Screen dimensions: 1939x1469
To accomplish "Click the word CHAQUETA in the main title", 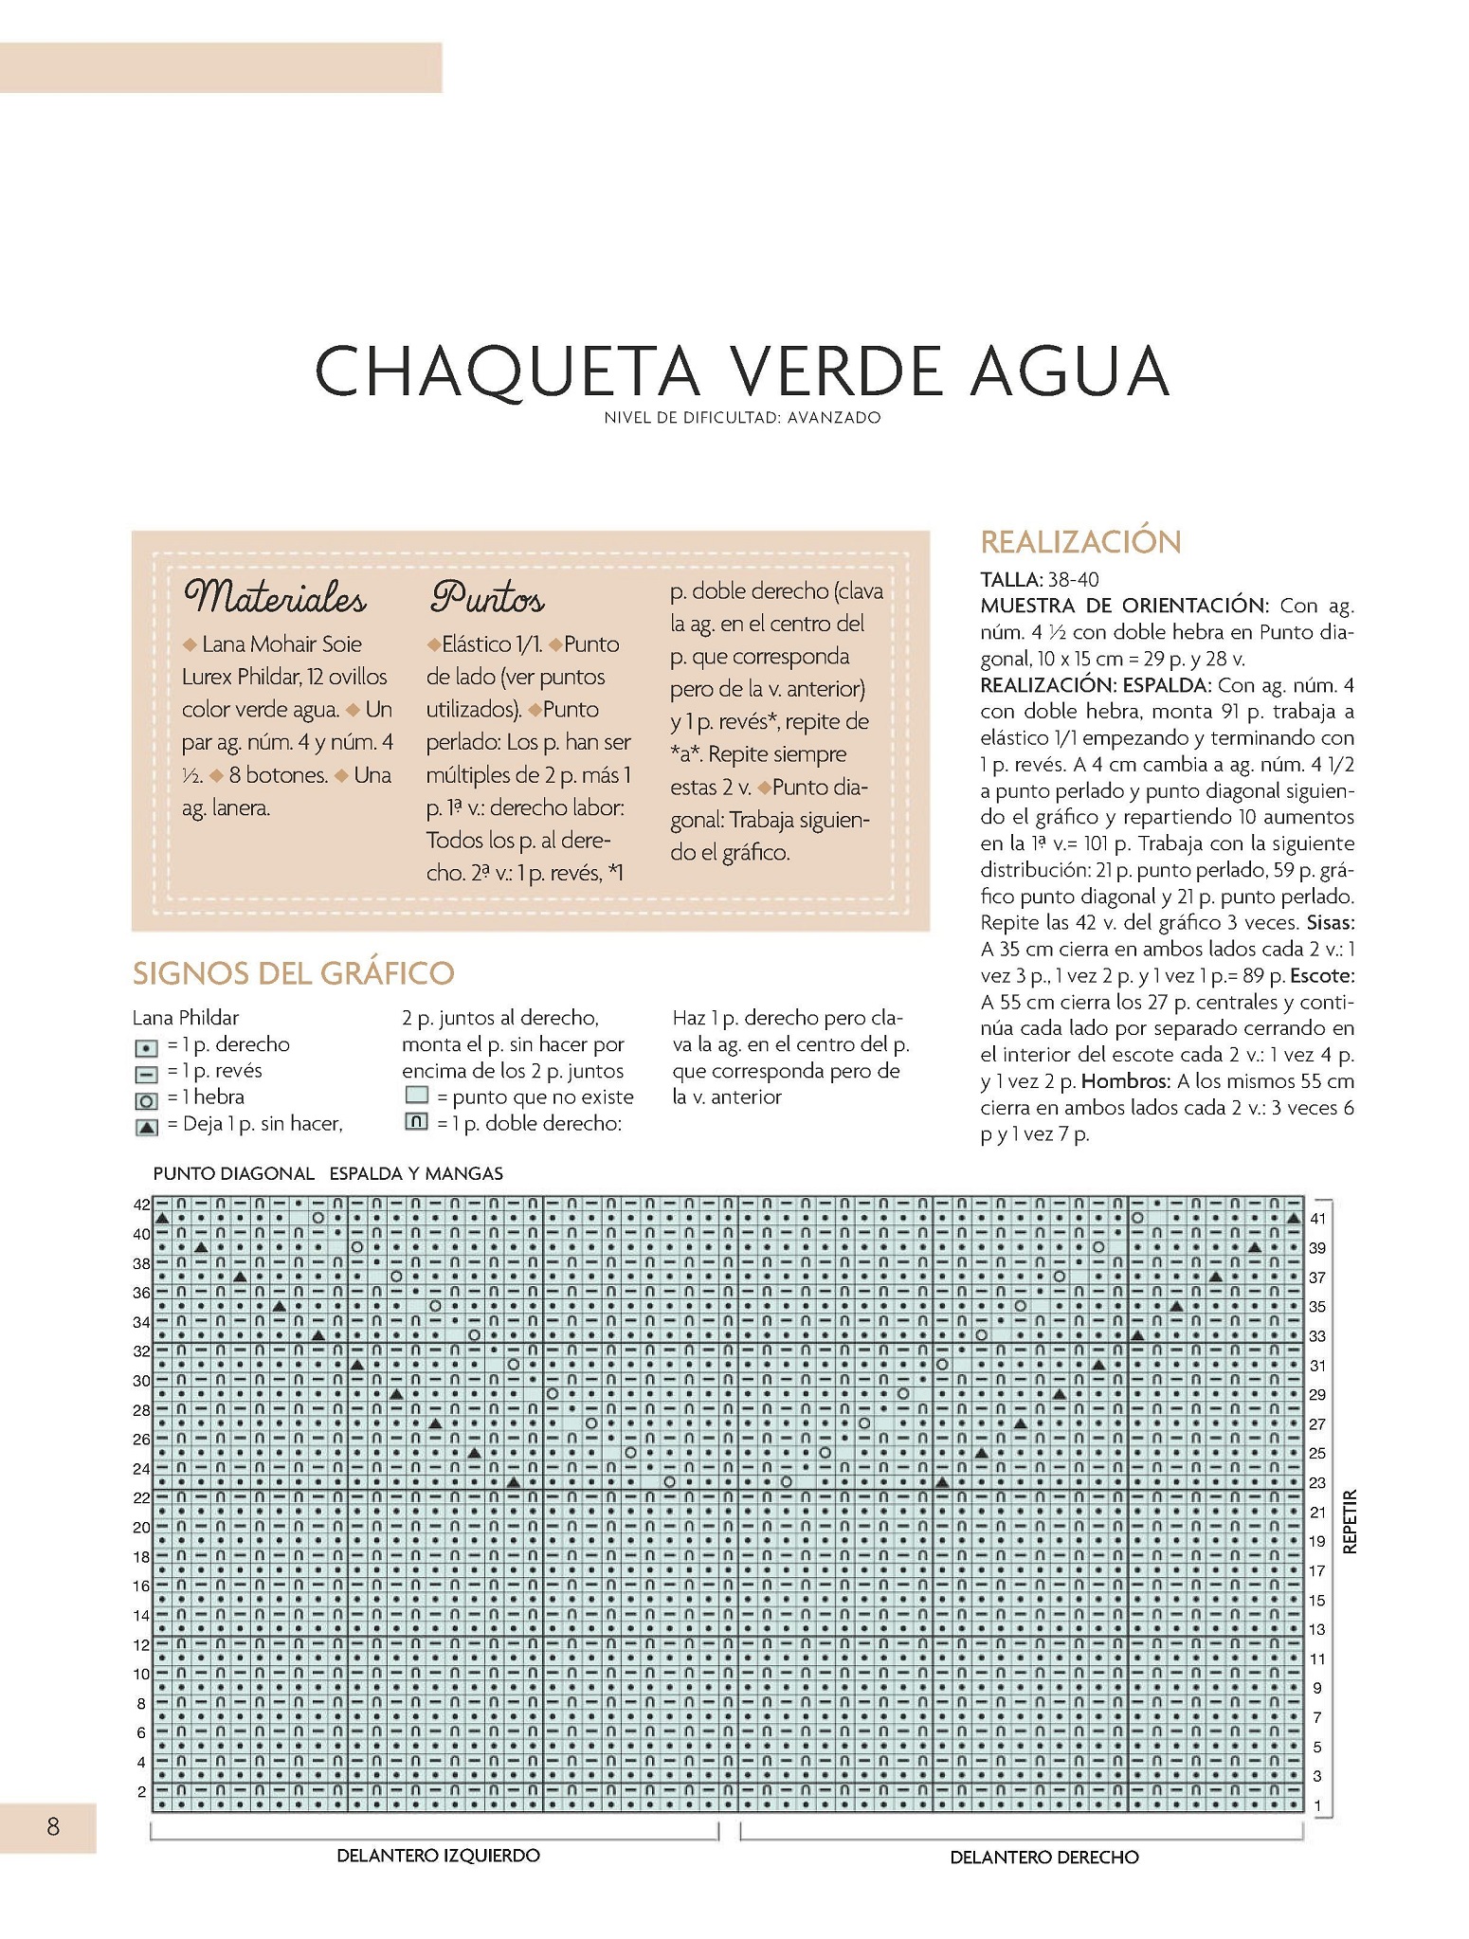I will click(507, 371).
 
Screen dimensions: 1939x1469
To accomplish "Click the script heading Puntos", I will click(487, 599).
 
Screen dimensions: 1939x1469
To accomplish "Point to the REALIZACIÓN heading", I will click(1080, 542).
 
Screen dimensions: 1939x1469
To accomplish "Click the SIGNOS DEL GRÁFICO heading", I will click(294, 972).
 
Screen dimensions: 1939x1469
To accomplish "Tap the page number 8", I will click(53, 1825).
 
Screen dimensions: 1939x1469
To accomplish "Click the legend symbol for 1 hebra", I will click(146, 1101).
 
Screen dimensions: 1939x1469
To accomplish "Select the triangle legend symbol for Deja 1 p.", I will click(146, 1127).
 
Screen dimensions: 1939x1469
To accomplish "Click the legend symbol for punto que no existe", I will click(415, 1096).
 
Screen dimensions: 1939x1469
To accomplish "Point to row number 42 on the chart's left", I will click(141, 1205).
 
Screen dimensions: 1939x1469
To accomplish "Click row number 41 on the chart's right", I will click(1317, 1219).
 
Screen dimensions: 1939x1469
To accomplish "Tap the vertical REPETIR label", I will click(1351, 1520).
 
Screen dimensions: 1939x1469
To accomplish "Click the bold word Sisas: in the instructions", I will click(1330, 923).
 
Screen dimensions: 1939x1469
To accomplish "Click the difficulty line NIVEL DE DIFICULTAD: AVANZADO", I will click(742, 417).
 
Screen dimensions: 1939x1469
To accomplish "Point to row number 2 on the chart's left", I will click(141, 1791).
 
